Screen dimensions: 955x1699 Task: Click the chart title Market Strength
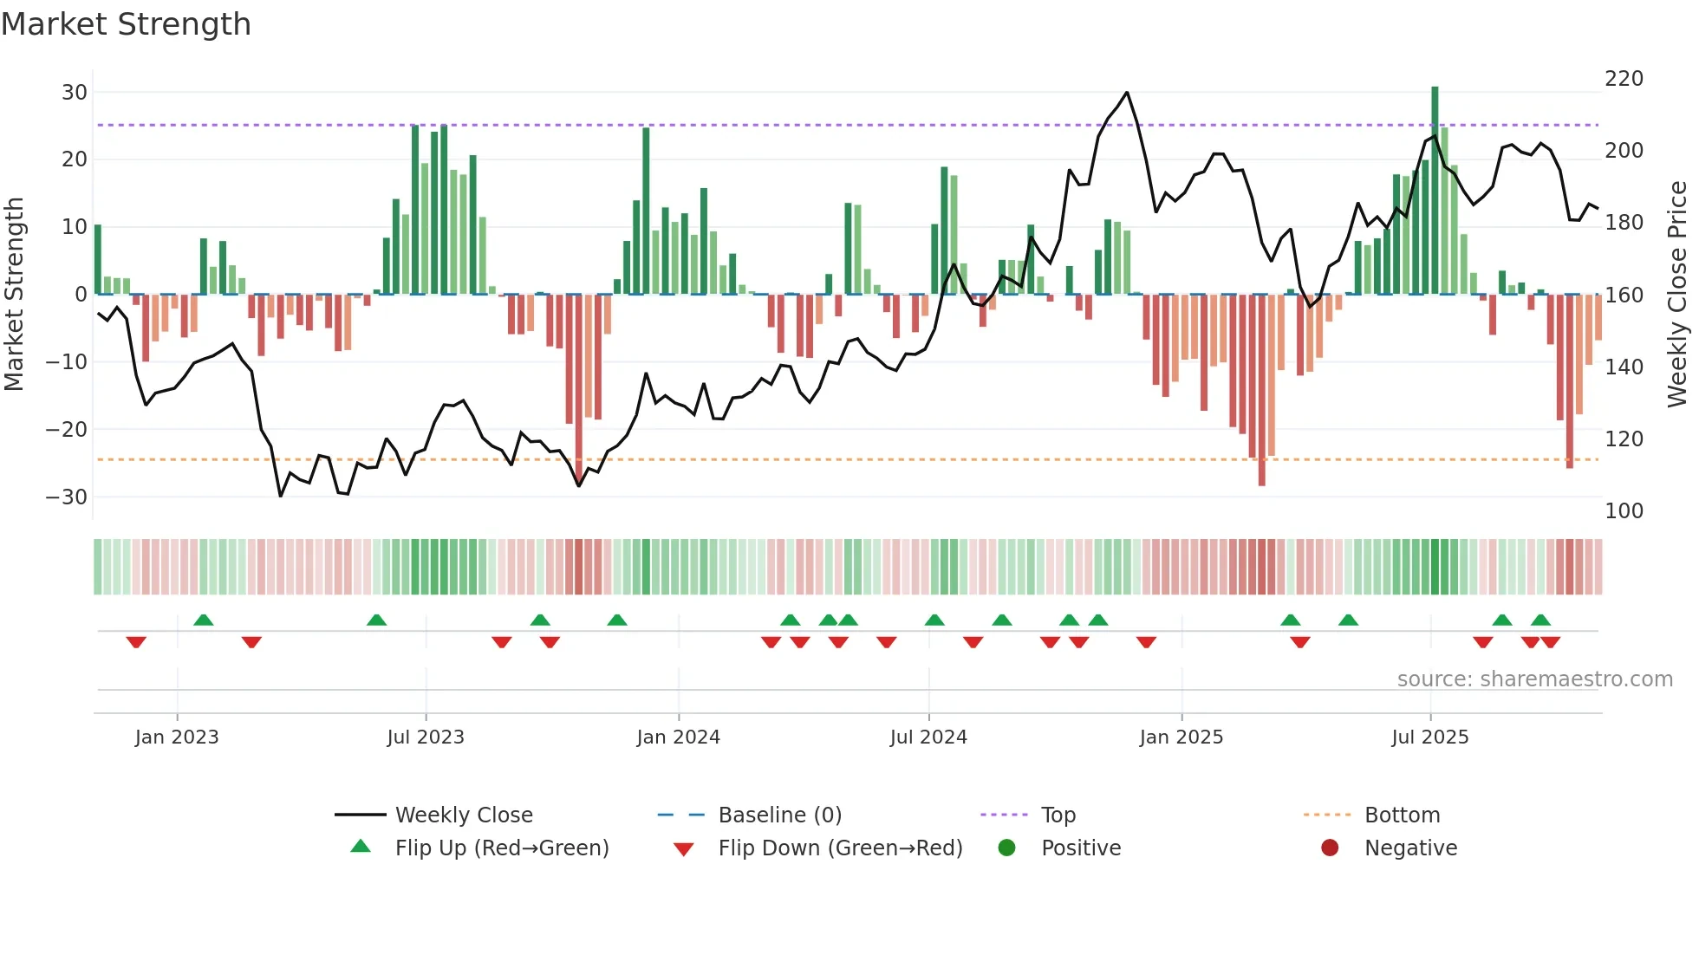click(x=126, y=24)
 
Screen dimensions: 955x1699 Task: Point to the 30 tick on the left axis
click(x=74, y=93)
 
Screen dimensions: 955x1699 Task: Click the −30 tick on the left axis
click(x=66, y=497)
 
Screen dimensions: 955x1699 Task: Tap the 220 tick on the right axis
click(x=1624, y=79)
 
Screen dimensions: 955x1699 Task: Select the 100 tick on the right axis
click(x=1624, y=511)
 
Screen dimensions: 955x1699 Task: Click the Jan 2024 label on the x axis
click(x=678, y=737)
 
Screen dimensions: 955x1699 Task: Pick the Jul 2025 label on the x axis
click(x=1429, y=737)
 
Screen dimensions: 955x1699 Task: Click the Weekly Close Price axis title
click(x=1677, y=295)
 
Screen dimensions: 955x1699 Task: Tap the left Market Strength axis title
click(x=14, y=295)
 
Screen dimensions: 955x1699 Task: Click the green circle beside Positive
click(x=1006, y=848)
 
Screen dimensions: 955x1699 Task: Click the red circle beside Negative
click(x=1330, y=848)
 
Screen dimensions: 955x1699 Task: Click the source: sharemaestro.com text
click(x=1534, y=679)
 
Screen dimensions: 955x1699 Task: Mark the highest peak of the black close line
click(x=1127, y=93)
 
